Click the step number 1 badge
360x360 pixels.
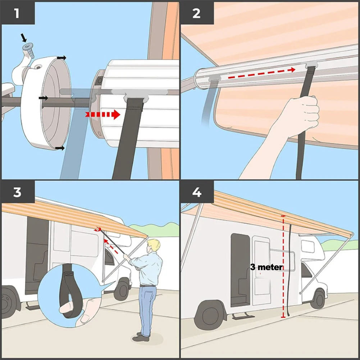point(17,13)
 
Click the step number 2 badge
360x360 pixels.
point(196,13)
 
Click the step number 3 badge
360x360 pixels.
point(17,192)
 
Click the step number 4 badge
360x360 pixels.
point(196,192)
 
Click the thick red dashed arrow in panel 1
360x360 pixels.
point(103,115)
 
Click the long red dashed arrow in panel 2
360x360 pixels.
point(263,73)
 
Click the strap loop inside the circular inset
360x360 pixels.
point(68,291)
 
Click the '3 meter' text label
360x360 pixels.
point(266,267)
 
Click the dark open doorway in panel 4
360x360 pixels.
point(240,270)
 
